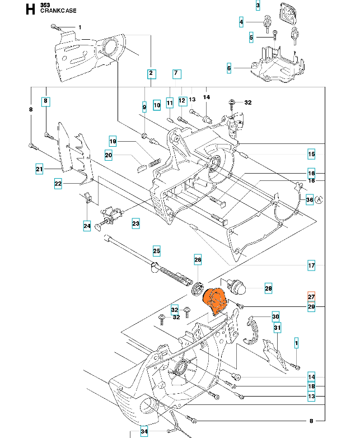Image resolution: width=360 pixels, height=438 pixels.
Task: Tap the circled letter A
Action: pyautogui.click(x=319, y=200)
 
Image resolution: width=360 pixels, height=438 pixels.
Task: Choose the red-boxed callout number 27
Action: pyautogui.click(x=311, y=297)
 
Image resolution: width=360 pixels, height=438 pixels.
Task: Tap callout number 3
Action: pyautogui.click(x=258, y=6)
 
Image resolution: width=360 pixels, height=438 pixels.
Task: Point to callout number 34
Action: pyautogui.click(x=144, y=431)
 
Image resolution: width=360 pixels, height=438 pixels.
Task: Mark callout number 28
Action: pyautogui.click(x=268, y=288)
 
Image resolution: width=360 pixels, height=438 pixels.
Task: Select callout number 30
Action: pyautogui.click(x=275, y=316)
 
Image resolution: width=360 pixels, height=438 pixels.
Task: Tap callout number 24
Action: pyautogui.click(x=87, y=226)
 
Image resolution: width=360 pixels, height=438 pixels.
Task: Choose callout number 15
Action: pyautogui.click(x=311, y=154)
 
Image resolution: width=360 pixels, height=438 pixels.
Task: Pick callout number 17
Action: pyautogui.click(x=311, y=265)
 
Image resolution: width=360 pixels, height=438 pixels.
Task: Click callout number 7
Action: pyautogui.click(x=176, y=73)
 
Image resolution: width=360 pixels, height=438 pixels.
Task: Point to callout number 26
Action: pyautogui.click(x=198, y=260)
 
